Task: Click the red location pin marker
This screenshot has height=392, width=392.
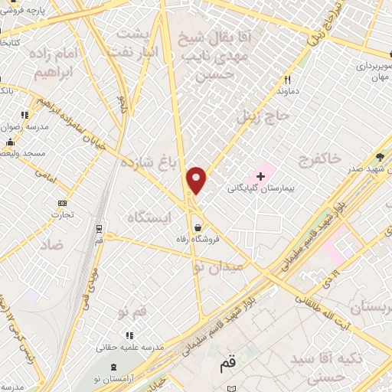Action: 198,180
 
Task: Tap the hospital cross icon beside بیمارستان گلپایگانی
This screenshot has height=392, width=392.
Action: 260,175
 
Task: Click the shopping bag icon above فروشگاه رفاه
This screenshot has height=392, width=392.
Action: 199,227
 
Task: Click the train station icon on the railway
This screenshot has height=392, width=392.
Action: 99,228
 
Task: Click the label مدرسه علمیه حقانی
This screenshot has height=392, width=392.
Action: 128,347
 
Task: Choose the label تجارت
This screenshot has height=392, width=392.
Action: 62,215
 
